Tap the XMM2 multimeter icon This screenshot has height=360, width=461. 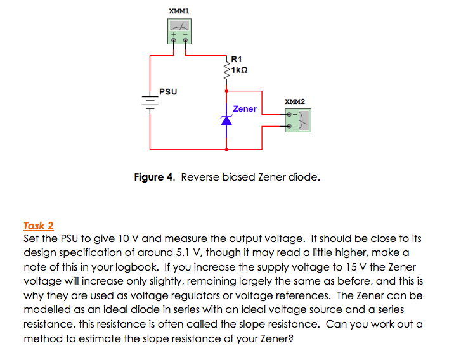[299, 119]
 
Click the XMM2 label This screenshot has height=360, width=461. [294, 101]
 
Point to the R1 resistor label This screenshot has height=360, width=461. [238, 60]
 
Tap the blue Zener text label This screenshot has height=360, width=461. [245, 109]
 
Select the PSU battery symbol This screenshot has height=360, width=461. [150, 102]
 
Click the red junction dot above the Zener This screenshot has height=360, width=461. [227, 91]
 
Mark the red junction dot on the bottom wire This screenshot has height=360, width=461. [227, 150]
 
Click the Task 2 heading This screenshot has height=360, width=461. [38, 226]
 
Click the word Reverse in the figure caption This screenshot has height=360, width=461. [201, 177]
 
